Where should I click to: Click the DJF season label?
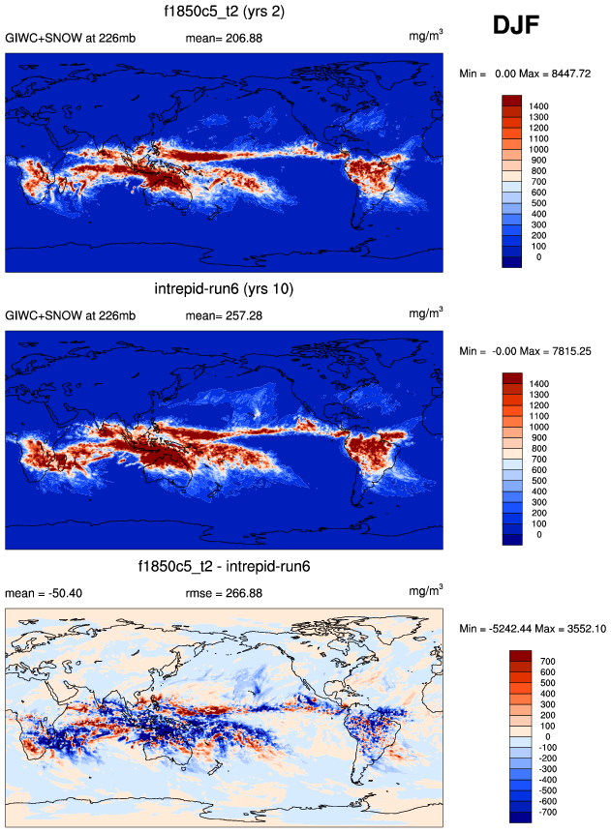coord(524,26)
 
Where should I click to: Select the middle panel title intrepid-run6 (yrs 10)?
coord(224,289)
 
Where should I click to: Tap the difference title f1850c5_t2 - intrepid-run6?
coord(224,565)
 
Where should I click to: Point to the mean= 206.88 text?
coord(223,39)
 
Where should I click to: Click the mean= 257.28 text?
coord(223,315)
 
